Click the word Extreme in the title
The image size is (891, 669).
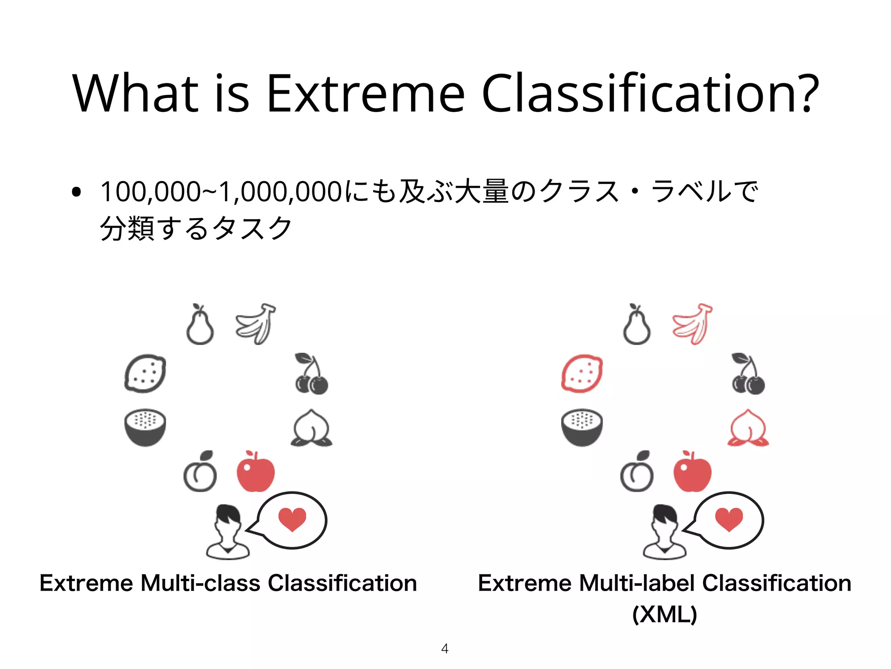tap(365, 94)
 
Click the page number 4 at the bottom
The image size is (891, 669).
tap(445, 649)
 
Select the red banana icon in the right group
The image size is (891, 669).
tap(692, 324)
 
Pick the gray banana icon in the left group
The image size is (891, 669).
tap(255, 324)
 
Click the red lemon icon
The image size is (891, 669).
tap(582, 374)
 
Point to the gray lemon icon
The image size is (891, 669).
tap(145, 374)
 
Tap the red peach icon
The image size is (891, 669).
tap(748, 428)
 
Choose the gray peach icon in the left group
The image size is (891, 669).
tap(311, 428)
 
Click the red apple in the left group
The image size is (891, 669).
tap(255, 472)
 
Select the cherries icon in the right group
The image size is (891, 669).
tap(748, 375)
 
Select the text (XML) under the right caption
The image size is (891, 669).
tap(664, 614)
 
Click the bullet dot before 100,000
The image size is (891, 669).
tap(77, 192)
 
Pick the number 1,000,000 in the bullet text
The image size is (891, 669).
tap(281, 192)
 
